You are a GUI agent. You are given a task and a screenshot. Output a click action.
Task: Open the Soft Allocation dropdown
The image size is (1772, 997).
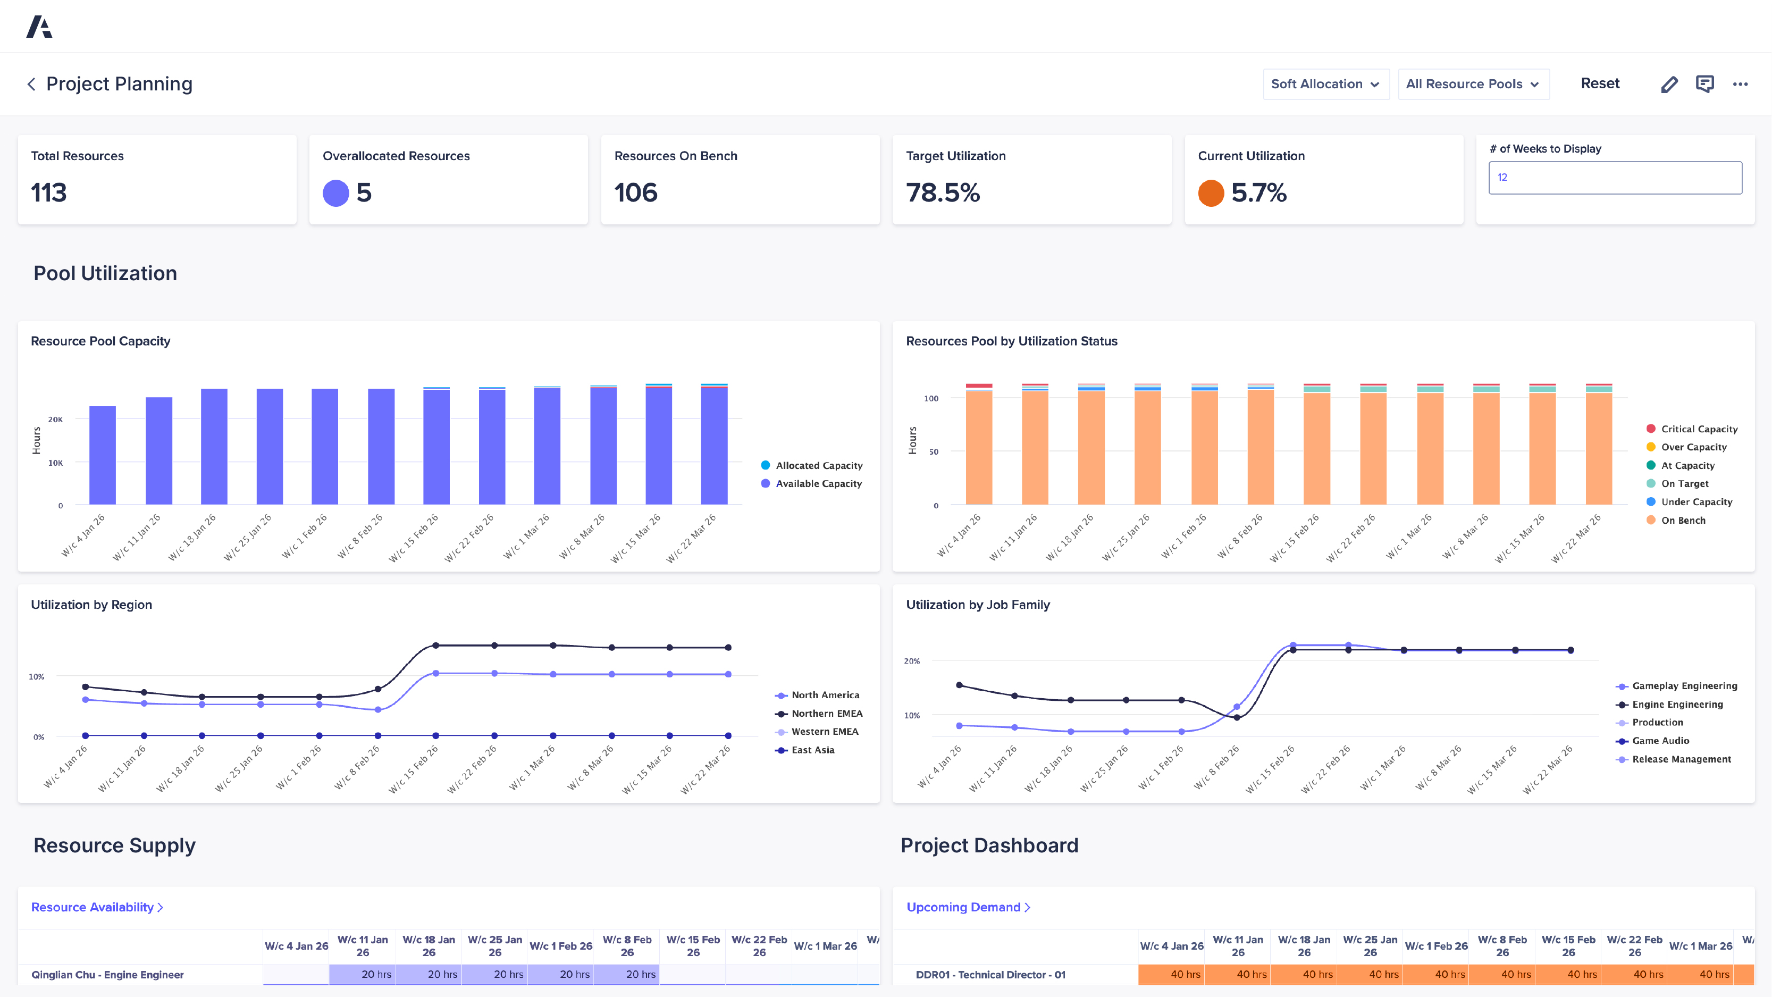point(1325,84)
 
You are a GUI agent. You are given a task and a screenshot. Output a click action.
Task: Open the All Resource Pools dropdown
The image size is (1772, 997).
point(1473,84)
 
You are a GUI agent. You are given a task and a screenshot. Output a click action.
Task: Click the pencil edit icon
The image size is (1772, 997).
point(1669,84)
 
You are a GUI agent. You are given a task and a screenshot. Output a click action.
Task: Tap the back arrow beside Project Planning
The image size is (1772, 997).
point(31,84)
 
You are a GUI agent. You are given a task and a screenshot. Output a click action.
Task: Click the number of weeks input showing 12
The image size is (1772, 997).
point(1615,178)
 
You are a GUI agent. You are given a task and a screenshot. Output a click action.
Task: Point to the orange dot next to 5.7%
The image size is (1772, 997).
point(1211,192)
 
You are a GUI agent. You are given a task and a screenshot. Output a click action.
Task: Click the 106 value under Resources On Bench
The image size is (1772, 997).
point(636,192)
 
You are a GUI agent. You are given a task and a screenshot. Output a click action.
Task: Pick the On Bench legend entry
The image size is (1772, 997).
point(1683,520)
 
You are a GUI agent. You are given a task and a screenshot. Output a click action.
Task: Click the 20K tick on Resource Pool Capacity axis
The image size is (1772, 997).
point(56,419)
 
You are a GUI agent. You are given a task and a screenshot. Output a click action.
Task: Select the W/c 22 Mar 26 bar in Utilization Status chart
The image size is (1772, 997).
point(1598,447)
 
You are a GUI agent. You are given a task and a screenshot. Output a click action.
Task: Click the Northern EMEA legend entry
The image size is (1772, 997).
point(826,714)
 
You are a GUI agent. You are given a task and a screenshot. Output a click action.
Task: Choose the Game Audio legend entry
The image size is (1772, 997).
point(1660,740)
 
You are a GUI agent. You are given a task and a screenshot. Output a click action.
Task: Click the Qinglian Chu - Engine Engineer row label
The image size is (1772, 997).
point(107,974)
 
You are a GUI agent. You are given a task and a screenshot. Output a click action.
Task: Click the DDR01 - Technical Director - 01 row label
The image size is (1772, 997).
point(990,974)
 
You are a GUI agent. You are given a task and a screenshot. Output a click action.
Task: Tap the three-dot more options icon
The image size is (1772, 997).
point(1740,84)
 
